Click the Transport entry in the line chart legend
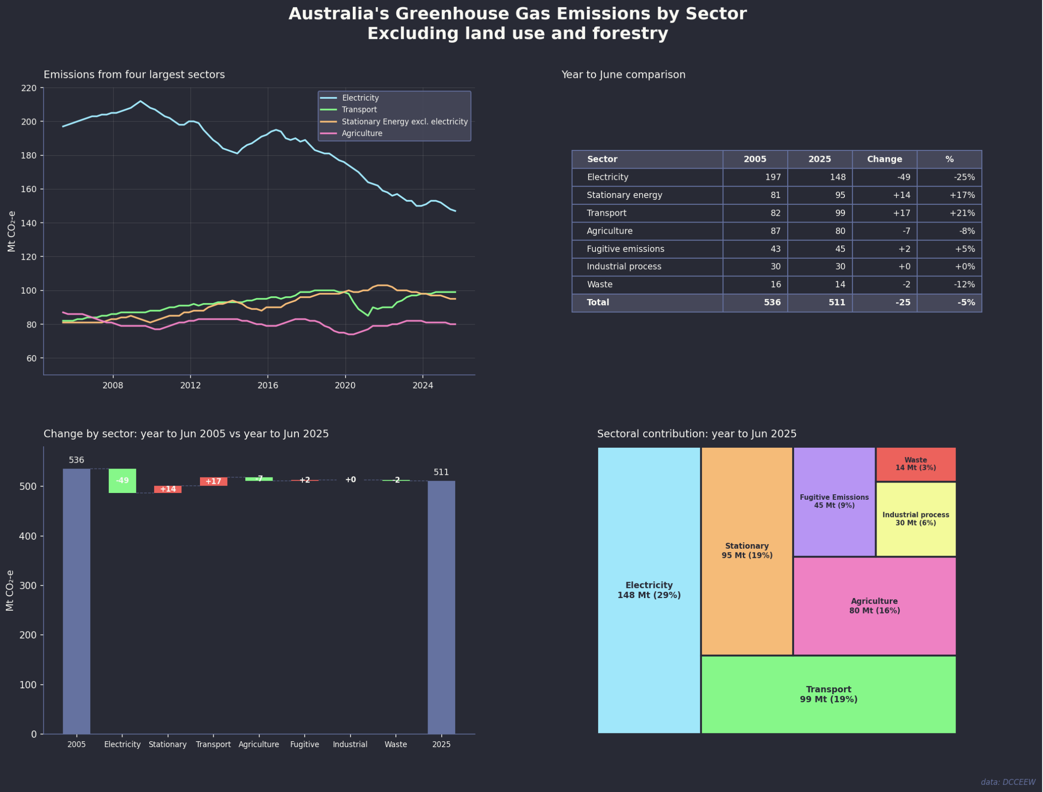pos(359,110)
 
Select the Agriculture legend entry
pos(362,133)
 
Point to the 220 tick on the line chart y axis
pos(29,88)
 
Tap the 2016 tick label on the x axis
pos(268,386)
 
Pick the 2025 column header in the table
pos(820,159)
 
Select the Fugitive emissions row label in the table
pos(625,249)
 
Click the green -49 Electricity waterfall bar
pos(122,481)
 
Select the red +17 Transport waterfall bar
pos(213,481)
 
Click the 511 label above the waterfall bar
pos(442,473)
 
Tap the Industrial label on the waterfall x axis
pos(350,744)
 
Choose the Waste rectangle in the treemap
pos(916,464)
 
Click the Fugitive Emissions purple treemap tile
pos(834,502)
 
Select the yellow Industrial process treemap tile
pos(916,519)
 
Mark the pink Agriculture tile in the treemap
pos(875,606)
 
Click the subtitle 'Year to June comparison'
pos(623,74)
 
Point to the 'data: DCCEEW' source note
pos(1008,782)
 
